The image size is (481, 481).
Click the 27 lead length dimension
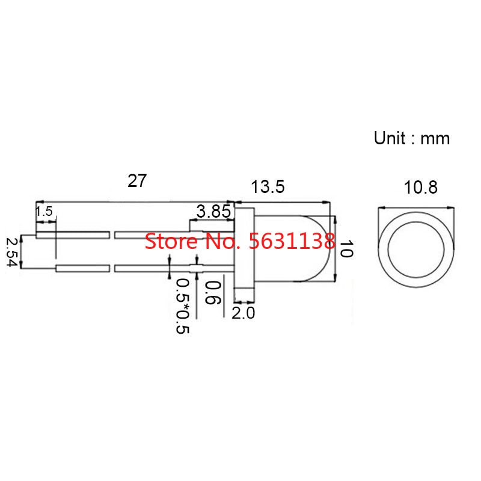[137, 181]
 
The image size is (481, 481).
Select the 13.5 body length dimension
[268, 187]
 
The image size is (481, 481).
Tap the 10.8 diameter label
[420, 188]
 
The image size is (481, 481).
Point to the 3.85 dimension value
[213, 212]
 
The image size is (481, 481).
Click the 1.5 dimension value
[44, 212]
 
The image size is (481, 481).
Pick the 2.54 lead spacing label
[12, 253]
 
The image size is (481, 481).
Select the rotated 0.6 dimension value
[213, 293]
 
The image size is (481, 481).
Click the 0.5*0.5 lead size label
[183, 306]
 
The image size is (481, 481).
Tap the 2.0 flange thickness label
[244, 313]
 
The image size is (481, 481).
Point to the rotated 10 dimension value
[347, 248]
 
